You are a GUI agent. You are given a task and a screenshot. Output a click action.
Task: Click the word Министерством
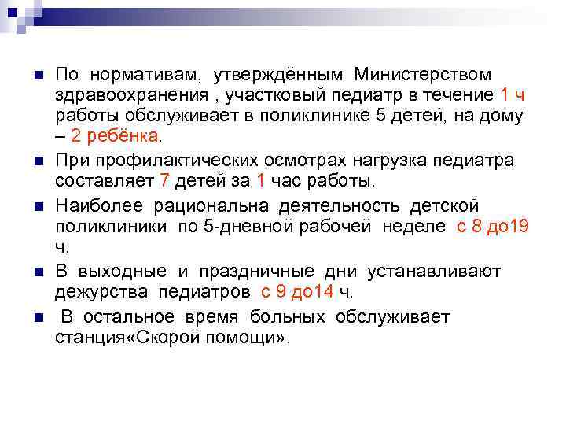(x=423, y=75)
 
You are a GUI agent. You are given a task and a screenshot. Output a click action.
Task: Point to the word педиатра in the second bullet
(x=482, y=160)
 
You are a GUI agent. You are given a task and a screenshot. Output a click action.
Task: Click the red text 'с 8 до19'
(x=493, y=227)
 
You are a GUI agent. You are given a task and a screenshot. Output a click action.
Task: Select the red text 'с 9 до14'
(x=298, y=292)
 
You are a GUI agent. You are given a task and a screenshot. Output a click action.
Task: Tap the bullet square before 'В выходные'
(x=36, y=272)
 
